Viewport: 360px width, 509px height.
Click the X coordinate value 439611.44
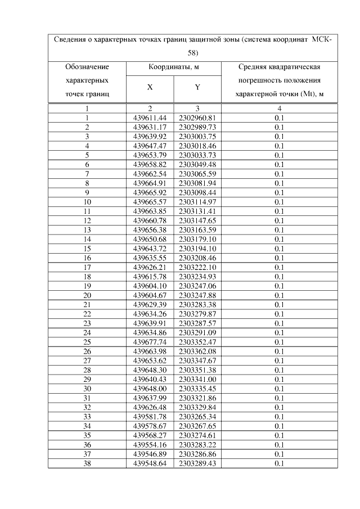pos(150,118)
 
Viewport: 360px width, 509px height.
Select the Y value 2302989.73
pos(197,127)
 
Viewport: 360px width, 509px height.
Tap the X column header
pos(150,87)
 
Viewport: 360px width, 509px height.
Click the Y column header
pos(197,87)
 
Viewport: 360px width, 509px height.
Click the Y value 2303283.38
pos(197,304)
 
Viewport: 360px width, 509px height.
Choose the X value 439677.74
pos(150,341)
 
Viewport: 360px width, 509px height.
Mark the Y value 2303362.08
pos(197,351)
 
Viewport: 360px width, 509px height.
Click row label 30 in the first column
pos(87,388)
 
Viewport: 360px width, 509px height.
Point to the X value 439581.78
pos(150,416)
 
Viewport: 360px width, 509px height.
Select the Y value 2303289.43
pos(197,463)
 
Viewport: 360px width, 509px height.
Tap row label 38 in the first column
pos(87,463)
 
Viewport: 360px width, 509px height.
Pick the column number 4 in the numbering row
pos(279,109)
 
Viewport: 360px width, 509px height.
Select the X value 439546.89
pos(150,453)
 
